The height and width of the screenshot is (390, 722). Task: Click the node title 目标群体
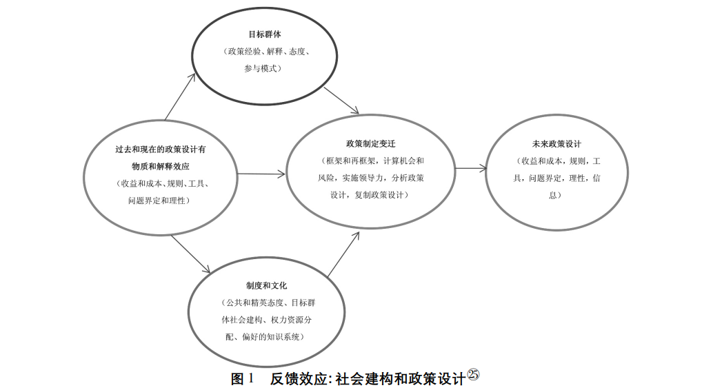point(265,34)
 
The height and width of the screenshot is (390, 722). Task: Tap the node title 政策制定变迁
point(370,144)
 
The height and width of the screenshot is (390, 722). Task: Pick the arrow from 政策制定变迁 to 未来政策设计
point(471,168)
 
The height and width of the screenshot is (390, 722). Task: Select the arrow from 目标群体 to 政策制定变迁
point(341,100)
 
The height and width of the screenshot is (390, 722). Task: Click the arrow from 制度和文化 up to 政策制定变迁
point(343,254)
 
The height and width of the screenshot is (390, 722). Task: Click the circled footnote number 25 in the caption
point(473,374)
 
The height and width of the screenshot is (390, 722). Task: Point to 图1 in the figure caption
point(243,378)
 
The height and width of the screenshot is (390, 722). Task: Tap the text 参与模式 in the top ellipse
point(263,69)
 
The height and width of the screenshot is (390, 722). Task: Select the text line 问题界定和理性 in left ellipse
point(159,201)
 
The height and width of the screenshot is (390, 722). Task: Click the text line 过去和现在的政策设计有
point(161,149)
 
